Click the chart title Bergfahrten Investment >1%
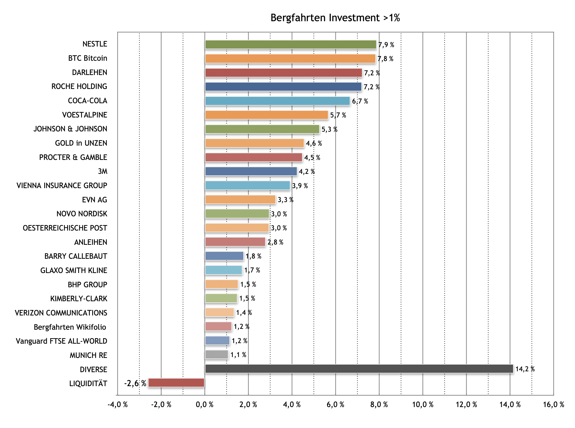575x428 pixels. pos(335,18)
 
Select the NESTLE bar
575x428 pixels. pos(290,44)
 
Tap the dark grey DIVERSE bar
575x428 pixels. pos(359,369)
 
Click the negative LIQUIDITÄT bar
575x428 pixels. pos(176,383)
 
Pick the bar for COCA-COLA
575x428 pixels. pos(277,101)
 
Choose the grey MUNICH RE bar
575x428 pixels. pos(217,355)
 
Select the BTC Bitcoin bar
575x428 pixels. pos(290,59)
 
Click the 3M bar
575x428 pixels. pos(251,172)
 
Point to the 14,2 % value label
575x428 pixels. pos(525,369)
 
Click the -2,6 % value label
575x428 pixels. pos(135,383)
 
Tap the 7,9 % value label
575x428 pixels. pos(386,45)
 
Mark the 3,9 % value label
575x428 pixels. pos(300,186)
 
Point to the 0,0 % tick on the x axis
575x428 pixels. pos(205,404)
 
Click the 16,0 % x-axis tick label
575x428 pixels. pos(553,404)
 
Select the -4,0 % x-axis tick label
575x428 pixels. pos(117,404)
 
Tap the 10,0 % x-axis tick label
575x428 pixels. pos(423,404)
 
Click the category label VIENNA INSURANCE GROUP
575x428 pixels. pos(62,186)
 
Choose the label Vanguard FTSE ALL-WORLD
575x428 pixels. pos(61,341)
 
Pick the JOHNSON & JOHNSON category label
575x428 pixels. pos(70,129)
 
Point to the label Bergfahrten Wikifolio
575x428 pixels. pos(70,327)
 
